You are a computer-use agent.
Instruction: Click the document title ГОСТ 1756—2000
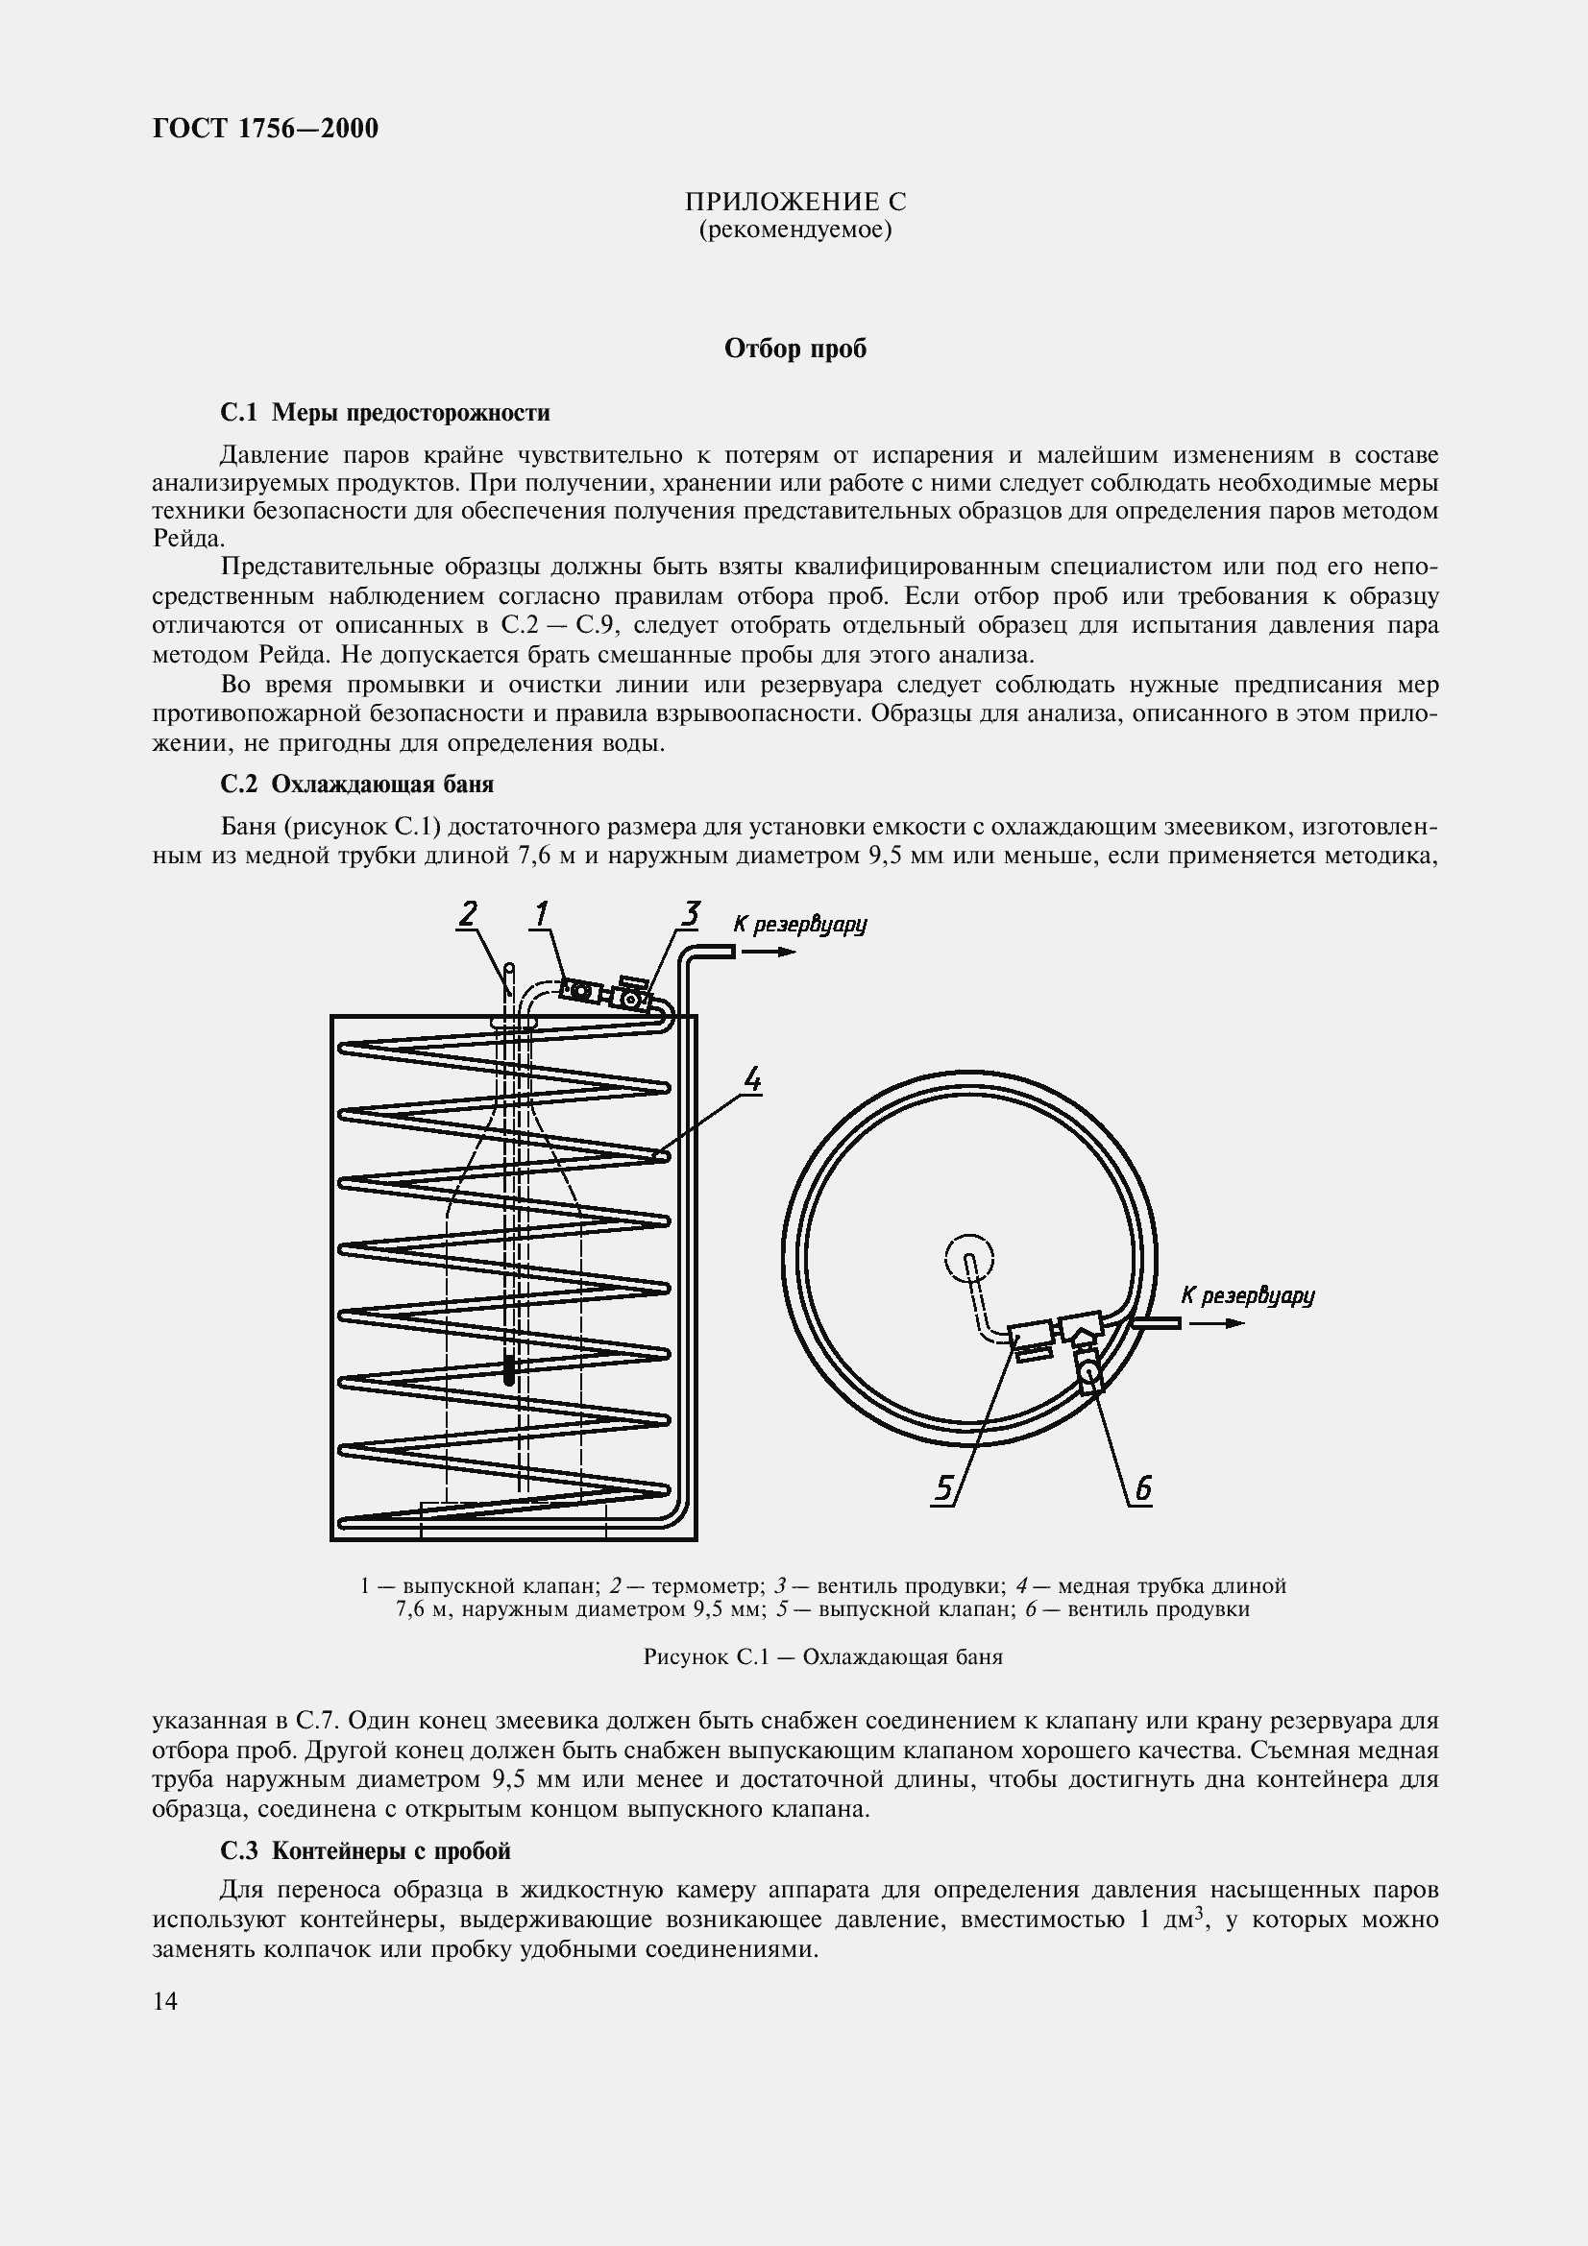265,129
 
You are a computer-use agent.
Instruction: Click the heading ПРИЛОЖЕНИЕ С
794,203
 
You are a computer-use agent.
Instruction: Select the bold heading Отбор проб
794,350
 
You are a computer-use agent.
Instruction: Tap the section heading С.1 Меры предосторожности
384,413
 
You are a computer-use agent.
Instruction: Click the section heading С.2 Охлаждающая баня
357,785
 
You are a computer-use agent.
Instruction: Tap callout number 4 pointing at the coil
751,1080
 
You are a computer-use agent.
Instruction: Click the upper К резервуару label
799,924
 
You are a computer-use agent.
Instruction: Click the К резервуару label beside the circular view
1248,1296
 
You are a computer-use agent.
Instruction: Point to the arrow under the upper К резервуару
773,952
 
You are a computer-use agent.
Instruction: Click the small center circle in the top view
968,1256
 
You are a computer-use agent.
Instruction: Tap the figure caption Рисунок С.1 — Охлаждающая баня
822,1657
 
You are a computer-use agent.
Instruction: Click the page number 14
165,2001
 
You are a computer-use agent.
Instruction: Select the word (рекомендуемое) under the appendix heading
794,230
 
